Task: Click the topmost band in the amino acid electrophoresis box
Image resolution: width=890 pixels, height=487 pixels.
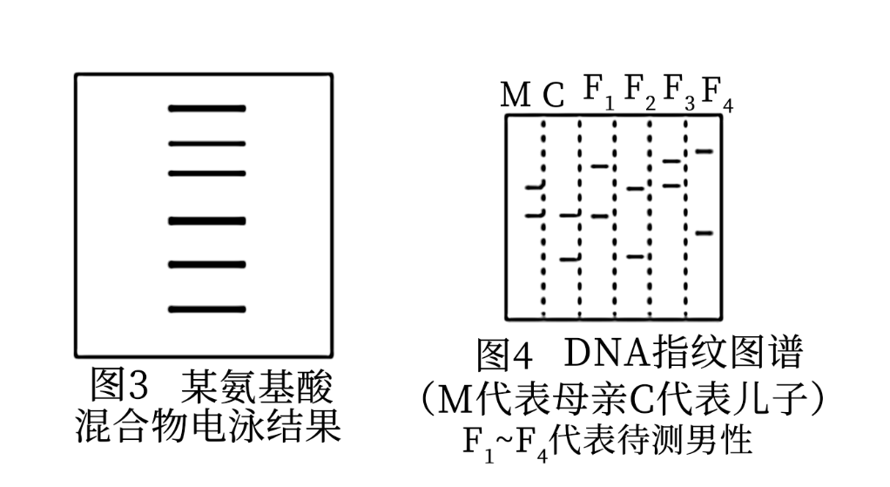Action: pyautogui.click(x=207, y=109)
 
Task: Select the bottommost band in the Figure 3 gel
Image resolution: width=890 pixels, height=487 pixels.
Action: pyautogui.click(x=207, y=309)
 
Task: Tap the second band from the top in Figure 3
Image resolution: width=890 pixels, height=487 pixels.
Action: pyautogui.click(x=207, y=143)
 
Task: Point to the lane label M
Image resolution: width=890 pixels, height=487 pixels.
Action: pyautogui.click(x=516, y=95)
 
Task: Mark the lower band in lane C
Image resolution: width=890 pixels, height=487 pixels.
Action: pyautogui.click(x=570, y=258)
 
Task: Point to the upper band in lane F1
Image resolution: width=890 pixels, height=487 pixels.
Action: pyautogui.click(x=600, y=166)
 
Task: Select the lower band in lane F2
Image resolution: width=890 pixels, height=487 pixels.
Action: pyautogui.click(x=635, y=256)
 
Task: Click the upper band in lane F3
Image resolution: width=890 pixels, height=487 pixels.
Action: pyautogui.click(x=671, y=161)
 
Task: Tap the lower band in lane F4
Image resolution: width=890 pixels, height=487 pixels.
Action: pyautogui.click(x=704, y=233)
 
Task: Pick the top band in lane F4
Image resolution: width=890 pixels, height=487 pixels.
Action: pyautogui.click(x=704, y=152)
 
